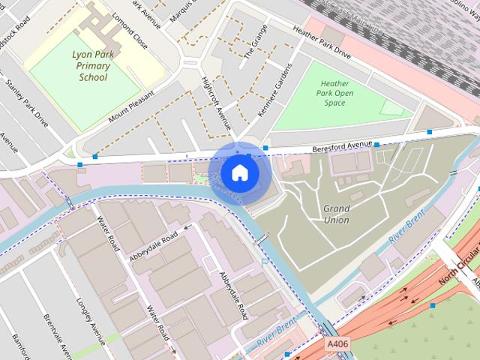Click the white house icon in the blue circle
pyautogui.click(x=238, y=173)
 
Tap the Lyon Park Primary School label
pyautogui.click(x=93, y=66)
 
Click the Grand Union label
pyautogui.click(x=336, y=214)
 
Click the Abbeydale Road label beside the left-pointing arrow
pyautogui.click(x=154, y=245)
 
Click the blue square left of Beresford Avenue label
pyautogui.click(x=265, y=148)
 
